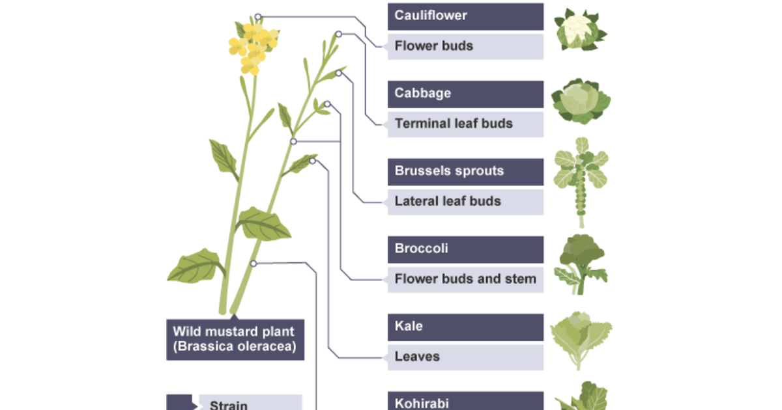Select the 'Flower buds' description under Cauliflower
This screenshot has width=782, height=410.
coord(434,46)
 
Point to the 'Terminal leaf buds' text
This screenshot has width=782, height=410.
coord(454,124)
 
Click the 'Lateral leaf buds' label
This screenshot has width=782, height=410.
coord(448,201)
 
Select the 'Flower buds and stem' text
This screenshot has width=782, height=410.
coord(465,279)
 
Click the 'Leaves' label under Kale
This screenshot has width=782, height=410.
coord(417,357)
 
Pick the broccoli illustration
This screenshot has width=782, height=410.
coord(581,260)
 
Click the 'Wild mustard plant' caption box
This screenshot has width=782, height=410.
coord(235,339)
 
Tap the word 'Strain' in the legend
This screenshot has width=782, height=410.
coord(229,405)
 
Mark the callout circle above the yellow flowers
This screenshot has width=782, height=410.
coord(258,16)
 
